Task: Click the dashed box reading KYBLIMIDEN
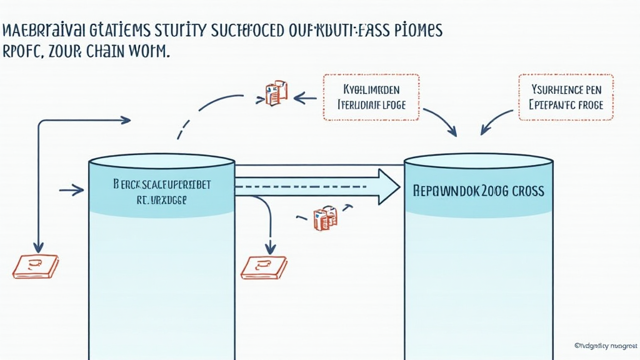371,97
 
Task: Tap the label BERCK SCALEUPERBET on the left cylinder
162,185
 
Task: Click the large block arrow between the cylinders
319,186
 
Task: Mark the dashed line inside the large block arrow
300,186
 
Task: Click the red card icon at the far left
36,266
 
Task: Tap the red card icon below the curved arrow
264,267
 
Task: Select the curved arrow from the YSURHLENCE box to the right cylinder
497,121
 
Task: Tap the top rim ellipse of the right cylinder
478,161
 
